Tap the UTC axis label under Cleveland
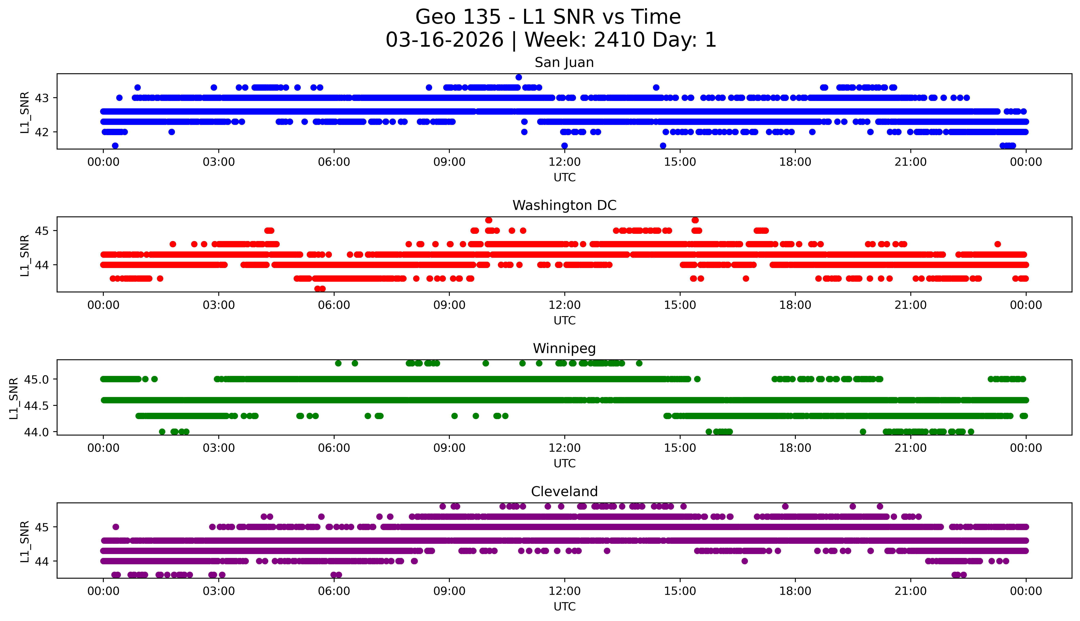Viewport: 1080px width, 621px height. click(564, 606)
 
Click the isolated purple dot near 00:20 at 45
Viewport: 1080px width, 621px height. click(115, 527)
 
